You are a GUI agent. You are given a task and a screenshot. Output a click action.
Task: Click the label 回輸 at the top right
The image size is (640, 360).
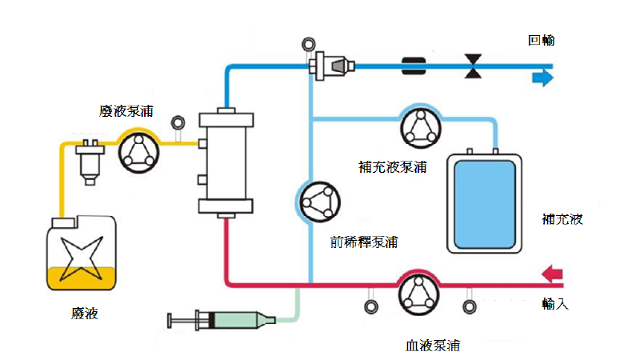pos(541,41)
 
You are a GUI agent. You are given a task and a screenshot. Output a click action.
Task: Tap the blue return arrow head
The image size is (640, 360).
pos(543,77)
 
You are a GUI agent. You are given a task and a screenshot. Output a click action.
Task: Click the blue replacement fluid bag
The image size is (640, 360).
pos(485,202)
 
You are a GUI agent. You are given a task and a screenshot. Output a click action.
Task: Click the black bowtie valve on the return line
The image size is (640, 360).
pos(474,66)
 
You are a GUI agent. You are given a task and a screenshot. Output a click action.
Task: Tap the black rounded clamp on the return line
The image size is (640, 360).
pos(417,66)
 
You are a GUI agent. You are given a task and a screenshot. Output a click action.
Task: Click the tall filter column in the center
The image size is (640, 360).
pos(226,163)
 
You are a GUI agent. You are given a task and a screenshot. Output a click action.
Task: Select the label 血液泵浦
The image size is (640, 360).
pos(433,346)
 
